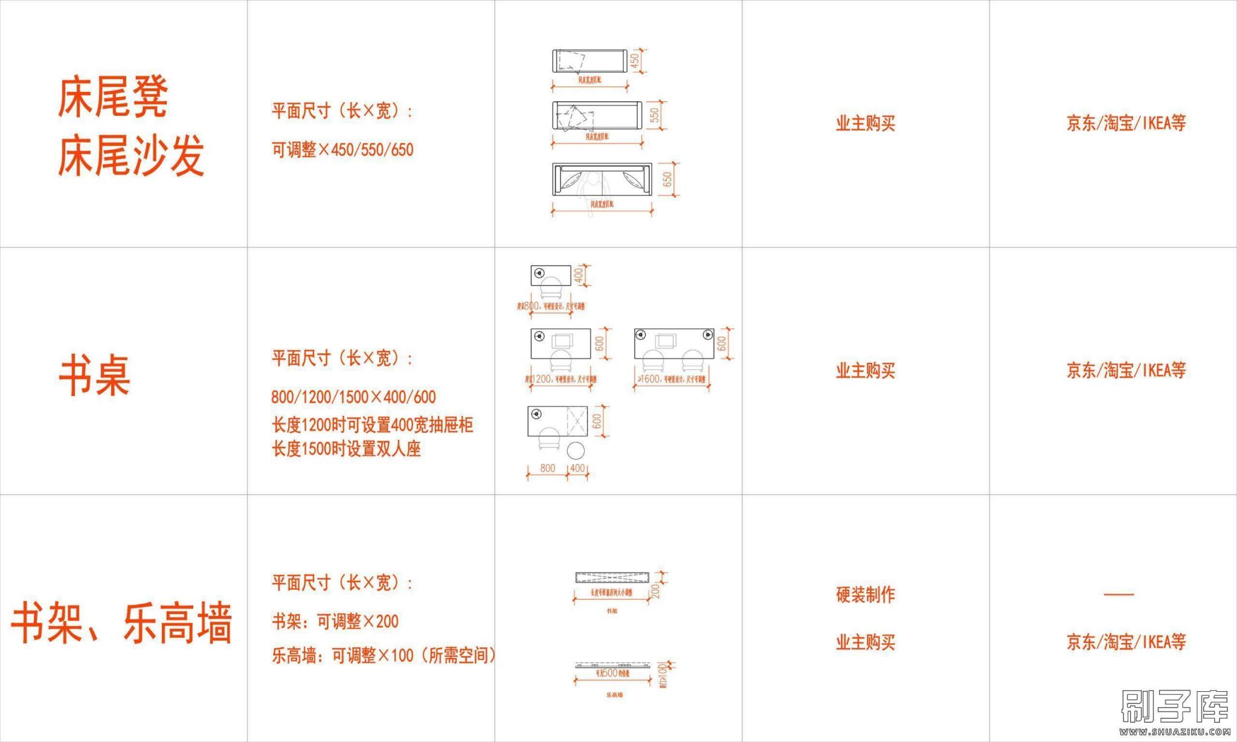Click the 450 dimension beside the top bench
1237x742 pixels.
coord(634,60)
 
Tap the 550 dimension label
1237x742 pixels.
coord(654,115)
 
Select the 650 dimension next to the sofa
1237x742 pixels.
coord(667,179)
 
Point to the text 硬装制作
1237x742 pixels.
coord(865,595)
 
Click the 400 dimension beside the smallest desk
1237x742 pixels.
coord(579,275)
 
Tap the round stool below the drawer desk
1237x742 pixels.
coord(576,450)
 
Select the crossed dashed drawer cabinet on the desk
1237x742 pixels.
coord(577,420)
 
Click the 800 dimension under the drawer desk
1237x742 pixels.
coord(547,468)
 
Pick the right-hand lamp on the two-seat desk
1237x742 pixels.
coord(708,334)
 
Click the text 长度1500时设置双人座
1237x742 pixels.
coord(345,449)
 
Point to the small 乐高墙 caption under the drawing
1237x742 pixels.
coord(614,695)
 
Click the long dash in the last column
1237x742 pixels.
coord(1119,594)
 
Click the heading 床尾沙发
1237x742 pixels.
coord(130,156)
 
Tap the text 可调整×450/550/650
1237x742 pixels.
coord(342,150)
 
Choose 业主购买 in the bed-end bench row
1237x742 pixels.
coord(865,123)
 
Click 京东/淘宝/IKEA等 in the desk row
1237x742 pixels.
coord(1125,370)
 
